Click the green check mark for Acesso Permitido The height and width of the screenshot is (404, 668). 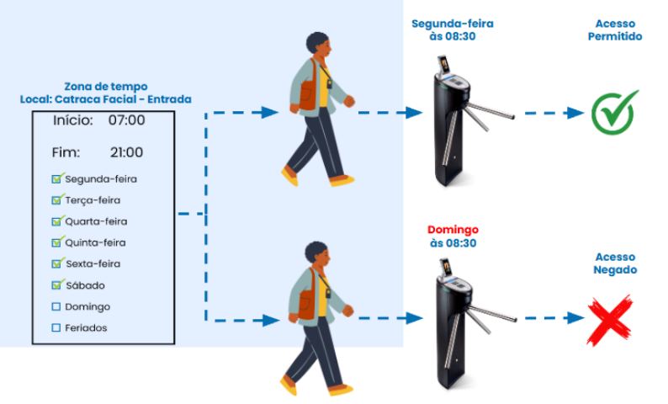tap(615, 113)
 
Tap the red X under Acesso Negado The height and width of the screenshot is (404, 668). tap(610, 319)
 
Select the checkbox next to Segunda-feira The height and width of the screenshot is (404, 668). tap(56, 178)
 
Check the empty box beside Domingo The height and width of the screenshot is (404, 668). tap(56, 306)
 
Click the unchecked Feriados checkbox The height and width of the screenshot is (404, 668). tap(56, 327)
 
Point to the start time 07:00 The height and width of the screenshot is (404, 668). tap(126, 120)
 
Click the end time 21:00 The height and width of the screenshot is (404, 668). tap(126, 152)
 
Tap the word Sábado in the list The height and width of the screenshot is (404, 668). tap(85, 285)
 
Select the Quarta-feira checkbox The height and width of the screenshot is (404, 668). tap(56, 221)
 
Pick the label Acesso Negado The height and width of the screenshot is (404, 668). tap(616, 263)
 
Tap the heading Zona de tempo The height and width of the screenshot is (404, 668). tap(105, 86)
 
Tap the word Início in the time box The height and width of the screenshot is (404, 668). tap(72, 120)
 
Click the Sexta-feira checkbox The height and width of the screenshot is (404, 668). tap(56, 263)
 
